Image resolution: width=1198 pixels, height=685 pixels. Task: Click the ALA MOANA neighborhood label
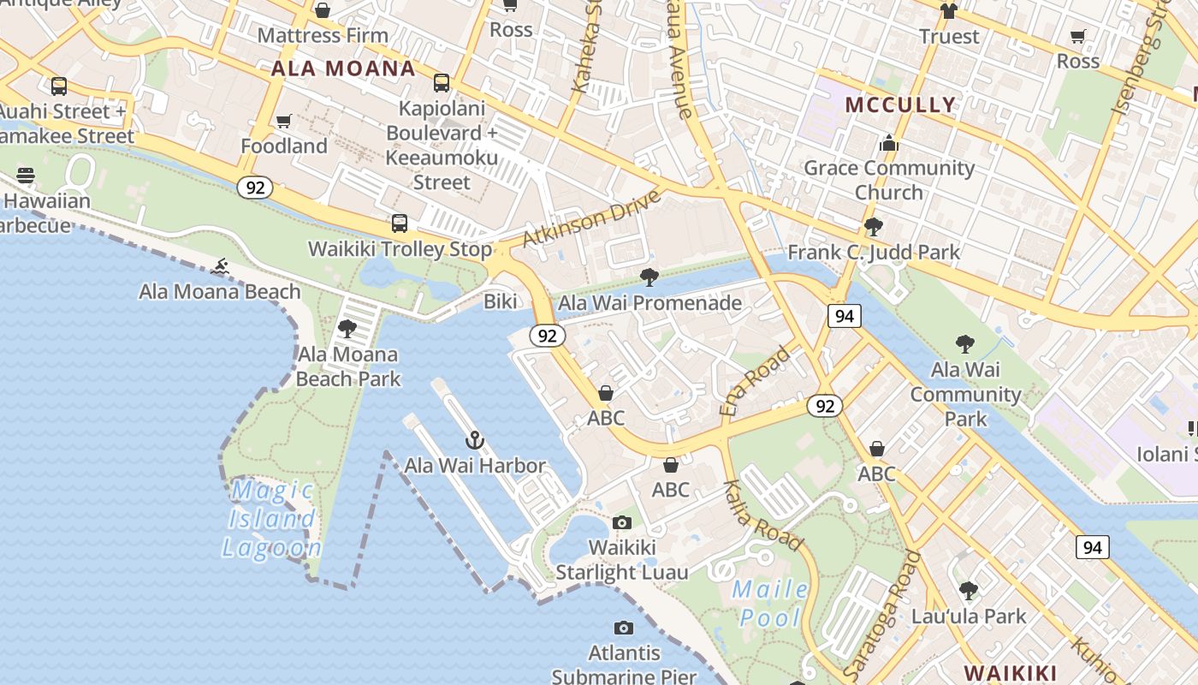click(x=343, y=68)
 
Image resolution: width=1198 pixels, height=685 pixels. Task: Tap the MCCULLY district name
click(x=899, y=104)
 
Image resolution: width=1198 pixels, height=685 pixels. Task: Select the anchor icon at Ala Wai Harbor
click(x=474, y=440)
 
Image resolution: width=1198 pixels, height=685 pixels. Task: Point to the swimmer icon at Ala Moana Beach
click(x=221, y=267)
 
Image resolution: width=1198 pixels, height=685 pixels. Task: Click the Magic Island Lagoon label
click(x=271, y=519)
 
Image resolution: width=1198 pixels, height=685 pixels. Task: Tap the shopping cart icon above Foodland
click(x=284, y=122)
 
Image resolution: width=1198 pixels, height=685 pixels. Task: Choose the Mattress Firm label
click(x=323, y=35)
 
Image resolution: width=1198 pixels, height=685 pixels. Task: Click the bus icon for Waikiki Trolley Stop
click(x=400, y=223)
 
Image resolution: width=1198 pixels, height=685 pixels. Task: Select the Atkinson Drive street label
click(x=592, y=219)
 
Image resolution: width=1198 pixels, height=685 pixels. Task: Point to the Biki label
click(x=501, y=301)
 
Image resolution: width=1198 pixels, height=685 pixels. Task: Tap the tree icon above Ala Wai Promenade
click(x=649, y=277)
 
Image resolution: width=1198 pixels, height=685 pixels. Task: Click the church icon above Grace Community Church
click(x=889, y=142)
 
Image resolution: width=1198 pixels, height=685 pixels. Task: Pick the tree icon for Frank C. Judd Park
click(x=874, y=227)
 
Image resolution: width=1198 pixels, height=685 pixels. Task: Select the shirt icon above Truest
click(x=948, y=11)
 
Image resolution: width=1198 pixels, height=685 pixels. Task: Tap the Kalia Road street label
click(x=763, y=515)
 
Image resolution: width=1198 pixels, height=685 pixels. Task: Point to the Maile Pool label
click(x=771, y=603)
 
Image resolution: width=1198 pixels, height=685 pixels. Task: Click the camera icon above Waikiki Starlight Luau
click(x=622, y=522)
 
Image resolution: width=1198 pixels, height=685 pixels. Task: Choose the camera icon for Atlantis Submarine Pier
click(x=624, y=628)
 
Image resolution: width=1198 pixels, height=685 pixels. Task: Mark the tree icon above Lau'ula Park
click(x=969, y=591)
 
